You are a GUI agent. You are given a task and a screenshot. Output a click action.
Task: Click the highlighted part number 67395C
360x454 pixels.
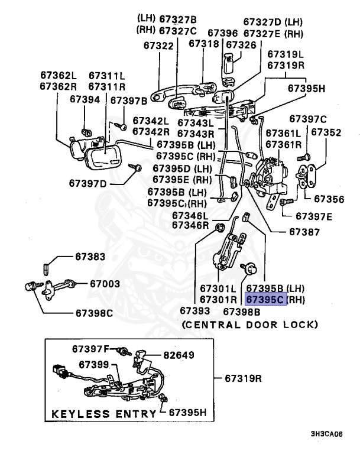point(266,300)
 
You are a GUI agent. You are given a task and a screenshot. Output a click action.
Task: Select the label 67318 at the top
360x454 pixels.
point(203,44)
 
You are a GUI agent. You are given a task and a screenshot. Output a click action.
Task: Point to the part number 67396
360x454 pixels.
point(223,33)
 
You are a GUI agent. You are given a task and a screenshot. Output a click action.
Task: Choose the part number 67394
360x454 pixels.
point(85,100)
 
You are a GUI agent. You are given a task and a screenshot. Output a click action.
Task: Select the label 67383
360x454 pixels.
point(90,257)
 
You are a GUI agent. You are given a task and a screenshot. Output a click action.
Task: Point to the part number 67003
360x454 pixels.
point(106,283)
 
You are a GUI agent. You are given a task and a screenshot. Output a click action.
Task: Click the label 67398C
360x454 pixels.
point(93,312)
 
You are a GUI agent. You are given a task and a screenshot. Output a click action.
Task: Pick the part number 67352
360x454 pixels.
point(326,133)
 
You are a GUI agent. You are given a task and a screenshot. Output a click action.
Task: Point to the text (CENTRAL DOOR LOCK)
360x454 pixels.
point(249,325)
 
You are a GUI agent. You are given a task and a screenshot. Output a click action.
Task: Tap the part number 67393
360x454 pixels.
point(195,310)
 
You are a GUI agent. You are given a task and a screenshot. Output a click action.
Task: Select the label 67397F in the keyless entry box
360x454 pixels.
point(93,349)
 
